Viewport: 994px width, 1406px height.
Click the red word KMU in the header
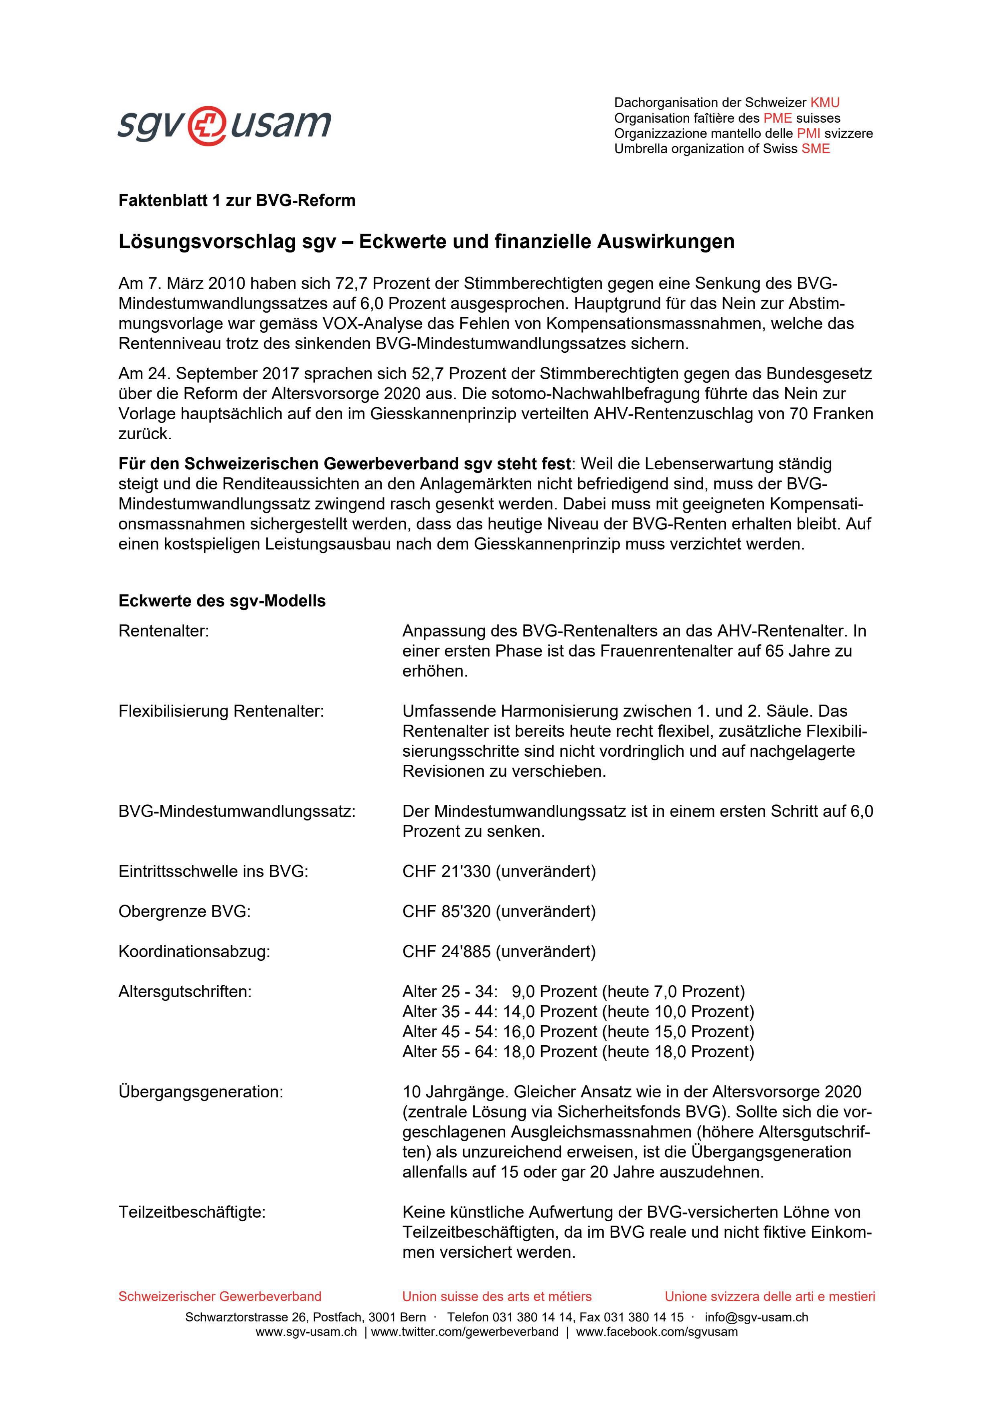point(824,103)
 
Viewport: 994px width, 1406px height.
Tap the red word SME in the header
point(815,149)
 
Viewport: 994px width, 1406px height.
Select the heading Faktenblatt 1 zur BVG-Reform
point(237,201)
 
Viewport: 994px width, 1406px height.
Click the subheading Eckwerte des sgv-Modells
point(222,601)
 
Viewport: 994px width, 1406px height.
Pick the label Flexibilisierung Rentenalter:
point(221,711)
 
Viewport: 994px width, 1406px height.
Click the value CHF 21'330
point(446,871)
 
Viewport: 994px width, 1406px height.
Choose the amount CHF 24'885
point(446,951)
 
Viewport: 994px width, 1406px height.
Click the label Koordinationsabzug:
point(194,951)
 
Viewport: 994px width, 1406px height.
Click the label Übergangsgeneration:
point(201,1091)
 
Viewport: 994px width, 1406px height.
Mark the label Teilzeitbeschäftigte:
point(192,1212)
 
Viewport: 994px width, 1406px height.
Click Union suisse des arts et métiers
point(497,1297)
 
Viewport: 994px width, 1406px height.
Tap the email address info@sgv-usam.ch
point(756,1317)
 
